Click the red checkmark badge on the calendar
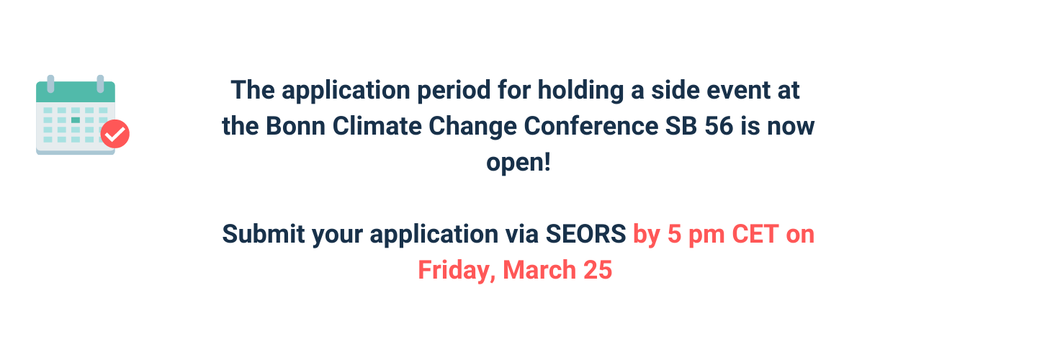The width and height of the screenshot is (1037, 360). [115, 134]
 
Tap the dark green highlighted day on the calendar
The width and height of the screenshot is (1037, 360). [76, 120]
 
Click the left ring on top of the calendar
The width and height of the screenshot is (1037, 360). [51, 84]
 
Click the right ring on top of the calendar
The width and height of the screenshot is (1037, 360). [101, 84]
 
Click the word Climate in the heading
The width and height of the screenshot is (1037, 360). [377, 126]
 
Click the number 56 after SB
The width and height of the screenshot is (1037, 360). [719, 126]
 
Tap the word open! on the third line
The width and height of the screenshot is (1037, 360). [518, 163]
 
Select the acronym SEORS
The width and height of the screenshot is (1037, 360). [585, 234]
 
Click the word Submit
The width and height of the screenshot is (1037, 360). [264, 234]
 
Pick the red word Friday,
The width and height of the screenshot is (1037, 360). [457, 270]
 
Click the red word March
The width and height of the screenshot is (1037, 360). [539, 270]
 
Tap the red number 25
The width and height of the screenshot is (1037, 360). [598, 270]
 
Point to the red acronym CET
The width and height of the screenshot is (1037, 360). [755, 234]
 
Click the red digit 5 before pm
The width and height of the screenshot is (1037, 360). [674, 234]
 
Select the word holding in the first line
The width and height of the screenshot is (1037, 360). [580, 91]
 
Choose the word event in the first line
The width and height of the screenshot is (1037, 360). [738, 90]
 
